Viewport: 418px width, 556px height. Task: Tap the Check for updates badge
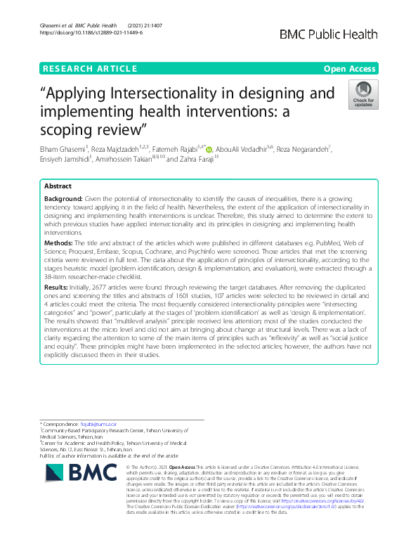coord(363,95)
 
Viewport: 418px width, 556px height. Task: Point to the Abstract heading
coord(58,188)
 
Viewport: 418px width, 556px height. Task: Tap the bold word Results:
coord(58,289)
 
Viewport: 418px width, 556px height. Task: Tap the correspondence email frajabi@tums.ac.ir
coord(97,425)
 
